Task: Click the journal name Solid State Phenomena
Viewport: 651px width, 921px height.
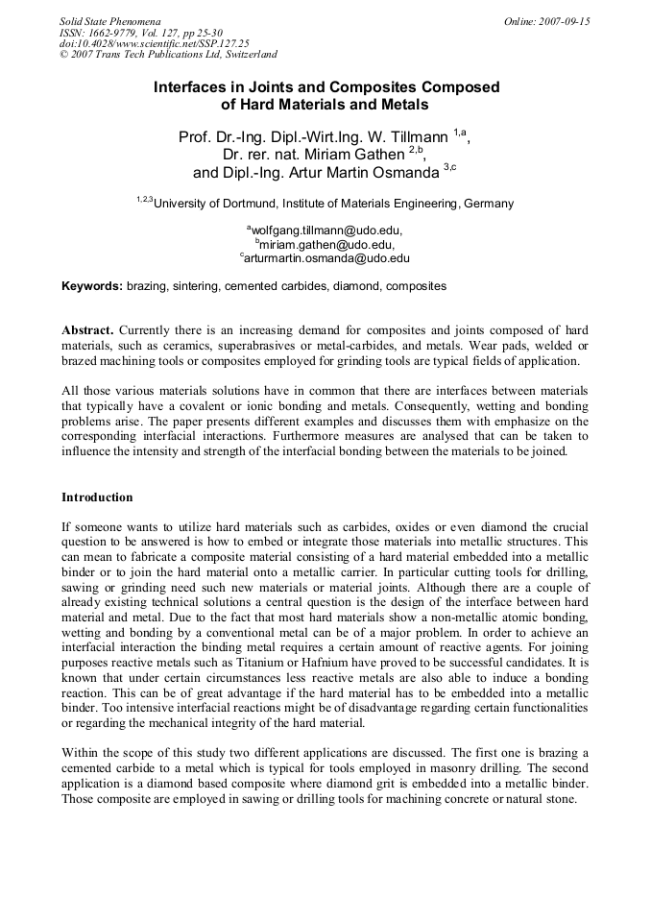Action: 109,20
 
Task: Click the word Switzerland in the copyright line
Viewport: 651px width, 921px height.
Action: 241,55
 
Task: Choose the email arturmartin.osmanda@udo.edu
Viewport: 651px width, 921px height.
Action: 327,258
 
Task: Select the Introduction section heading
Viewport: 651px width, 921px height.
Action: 97,497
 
